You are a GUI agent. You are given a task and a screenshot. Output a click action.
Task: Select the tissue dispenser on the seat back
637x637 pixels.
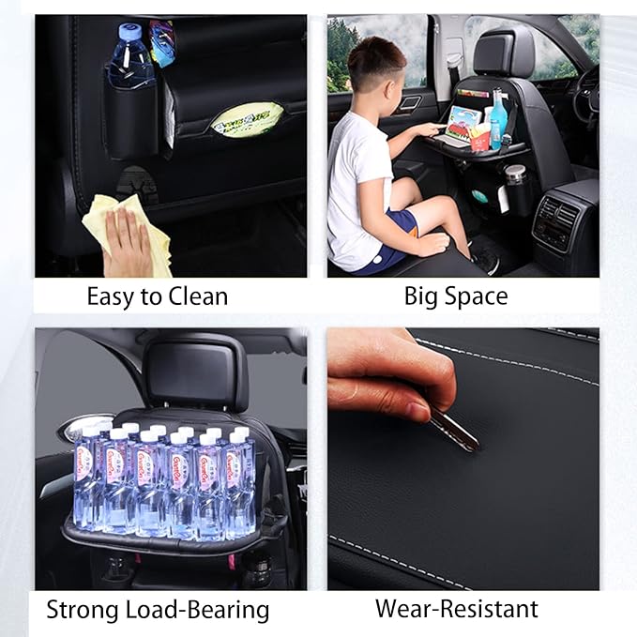(x=247, y=119)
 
